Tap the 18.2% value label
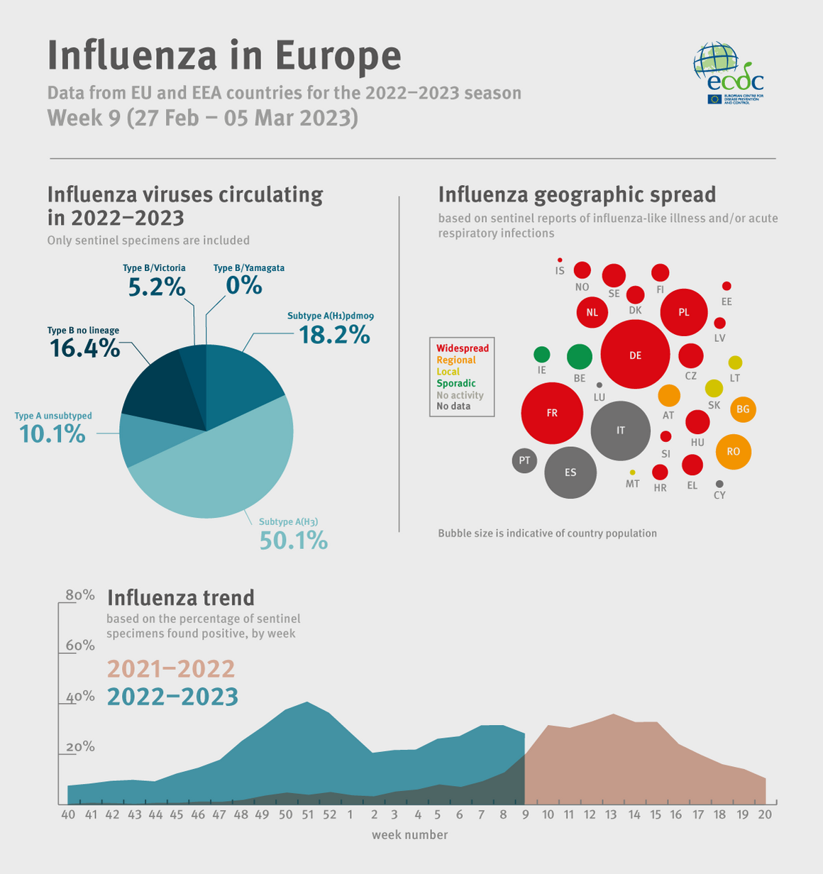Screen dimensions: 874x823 (334, 334)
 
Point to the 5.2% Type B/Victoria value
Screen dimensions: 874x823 (157, 287)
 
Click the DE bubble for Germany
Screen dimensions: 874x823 (635, 355)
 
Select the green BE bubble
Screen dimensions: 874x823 (580, 356)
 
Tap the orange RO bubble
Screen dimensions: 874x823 (733, 452)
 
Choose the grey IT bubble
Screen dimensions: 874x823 (621, 431)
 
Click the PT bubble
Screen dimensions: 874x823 (524, 461)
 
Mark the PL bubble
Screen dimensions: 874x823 (684, 312)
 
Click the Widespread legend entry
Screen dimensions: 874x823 (462, 348)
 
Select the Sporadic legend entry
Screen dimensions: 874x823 (456, 383)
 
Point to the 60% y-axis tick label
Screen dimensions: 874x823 (80, 645)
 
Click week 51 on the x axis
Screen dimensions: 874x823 (306, 814)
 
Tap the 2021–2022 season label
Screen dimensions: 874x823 (171, 669)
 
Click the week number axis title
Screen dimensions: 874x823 (410, 835)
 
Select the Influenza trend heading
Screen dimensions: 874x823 (180, 597)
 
